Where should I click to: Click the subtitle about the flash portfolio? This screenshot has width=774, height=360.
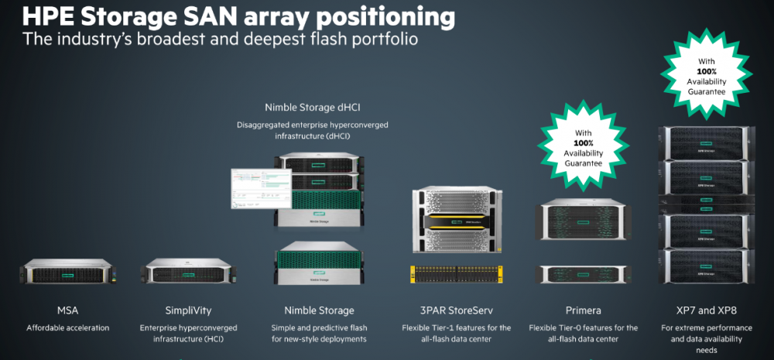[x=220, y=39]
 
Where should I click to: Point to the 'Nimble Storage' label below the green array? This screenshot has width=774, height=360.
[x=319, y=310]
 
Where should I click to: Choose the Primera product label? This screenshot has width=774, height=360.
[x=583, y=310]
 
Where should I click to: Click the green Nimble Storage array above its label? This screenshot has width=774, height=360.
[x=319, y=263]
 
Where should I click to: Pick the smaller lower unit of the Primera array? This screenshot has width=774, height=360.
[x=582, y=273]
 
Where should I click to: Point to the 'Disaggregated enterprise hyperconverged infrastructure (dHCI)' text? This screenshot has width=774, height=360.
[x=319, y=129]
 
